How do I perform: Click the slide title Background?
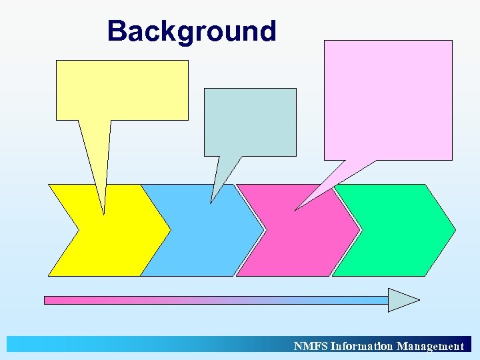click(191, 31)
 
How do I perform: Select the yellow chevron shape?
click(120, 240)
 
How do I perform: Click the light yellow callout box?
click(122, 90)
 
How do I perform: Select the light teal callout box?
click(250, 122)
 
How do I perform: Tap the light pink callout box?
click(388, 100)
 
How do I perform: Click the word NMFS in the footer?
click(311, 346)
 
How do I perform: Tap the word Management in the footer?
click(430, 346)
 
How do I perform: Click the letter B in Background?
click(117, 31)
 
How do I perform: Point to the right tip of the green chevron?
click(455, 230)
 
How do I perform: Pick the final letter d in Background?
click(267, 31)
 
